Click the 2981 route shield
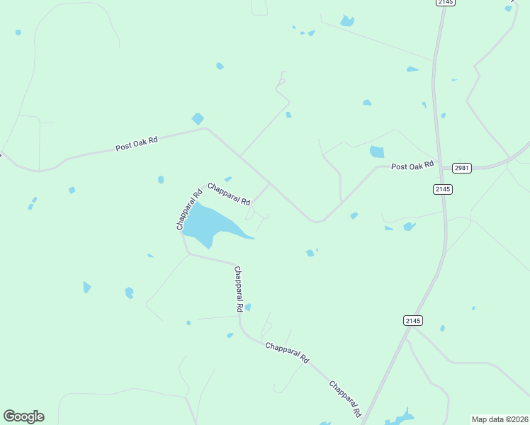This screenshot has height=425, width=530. [461, 167]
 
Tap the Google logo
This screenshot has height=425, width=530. [23, 416]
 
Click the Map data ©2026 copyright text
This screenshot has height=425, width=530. [500, 419]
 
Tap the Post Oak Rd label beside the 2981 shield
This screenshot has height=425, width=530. [412, 166]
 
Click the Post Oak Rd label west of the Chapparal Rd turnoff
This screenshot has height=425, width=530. [136, 144]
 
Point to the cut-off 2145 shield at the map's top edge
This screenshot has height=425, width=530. [446, 3]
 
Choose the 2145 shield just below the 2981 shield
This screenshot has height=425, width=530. [443, 189]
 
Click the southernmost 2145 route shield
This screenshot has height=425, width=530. [414, 321]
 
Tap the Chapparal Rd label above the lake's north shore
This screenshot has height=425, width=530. [229, 193]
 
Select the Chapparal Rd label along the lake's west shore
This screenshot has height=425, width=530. [189, 209]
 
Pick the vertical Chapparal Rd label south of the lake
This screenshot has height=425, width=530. [239, 289]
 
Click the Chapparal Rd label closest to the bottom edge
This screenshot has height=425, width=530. [346, 398]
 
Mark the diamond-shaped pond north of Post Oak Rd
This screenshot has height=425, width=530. [198, 119]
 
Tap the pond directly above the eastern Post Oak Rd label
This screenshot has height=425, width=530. [377, 152]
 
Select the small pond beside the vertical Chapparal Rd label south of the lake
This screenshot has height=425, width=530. [248, 307]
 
